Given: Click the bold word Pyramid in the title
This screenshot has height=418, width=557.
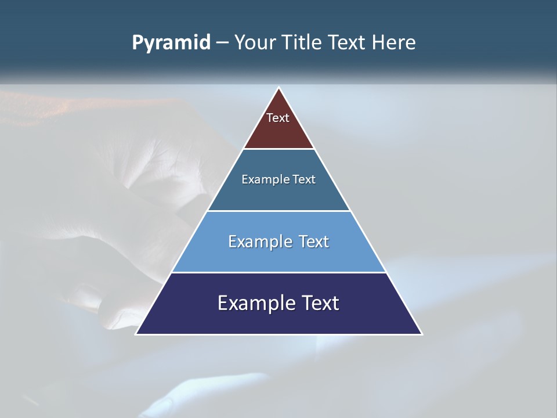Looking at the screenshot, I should coord(171,43).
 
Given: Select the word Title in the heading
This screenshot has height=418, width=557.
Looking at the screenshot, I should coord(304,43).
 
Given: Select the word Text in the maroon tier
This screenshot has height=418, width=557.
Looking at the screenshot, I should coord(278,118).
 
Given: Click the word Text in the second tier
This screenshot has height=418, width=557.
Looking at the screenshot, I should coord(303,179).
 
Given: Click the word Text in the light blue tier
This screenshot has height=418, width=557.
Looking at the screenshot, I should coord(312,242).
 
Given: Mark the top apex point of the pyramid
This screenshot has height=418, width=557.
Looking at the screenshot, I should coord(279,88).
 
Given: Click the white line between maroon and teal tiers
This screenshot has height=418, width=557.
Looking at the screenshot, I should coord(278,149).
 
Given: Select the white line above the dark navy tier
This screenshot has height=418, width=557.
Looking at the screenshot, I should coord(278,272).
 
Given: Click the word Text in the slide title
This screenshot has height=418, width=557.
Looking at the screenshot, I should coord(349,43).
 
